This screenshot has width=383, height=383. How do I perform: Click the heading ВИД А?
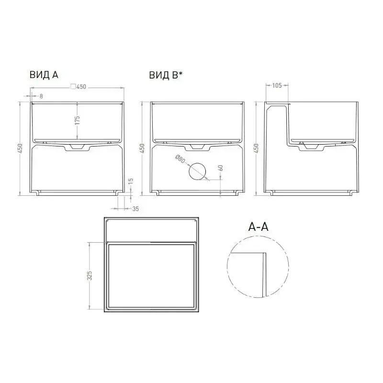44,75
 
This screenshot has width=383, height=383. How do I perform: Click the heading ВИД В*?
166,75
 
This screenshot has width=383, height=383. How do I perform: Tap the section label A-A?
258,227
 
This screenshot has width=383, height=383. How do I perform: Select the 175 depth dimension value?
77,120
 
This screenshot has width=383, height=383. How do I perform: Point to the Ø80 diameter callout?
180,159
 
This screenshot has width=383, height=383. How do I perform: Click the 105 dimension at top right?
277,85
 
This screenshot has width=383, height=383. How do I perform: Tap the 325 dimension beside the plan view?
90,276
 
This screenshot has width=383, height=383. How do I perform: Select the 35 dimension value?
135,209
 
